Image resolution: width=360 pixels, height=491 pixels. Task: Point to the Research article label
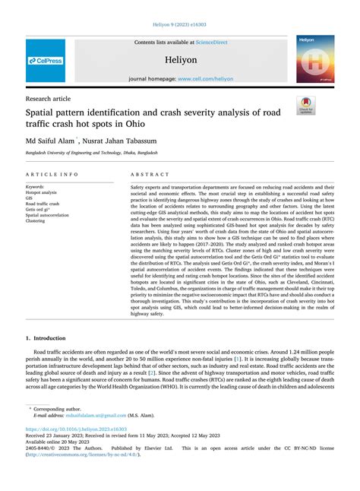[49, 98]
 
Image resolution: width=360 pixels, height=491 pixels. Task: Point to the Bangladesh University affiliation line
[89, 152]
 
